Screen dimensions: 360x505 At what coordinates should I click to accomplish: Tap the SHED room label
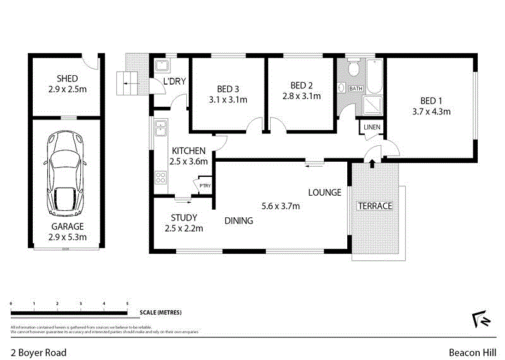[x=67, y=79]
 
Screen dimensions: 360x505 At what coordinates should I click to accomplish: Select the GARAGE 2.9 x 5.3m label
[x=67, y=231]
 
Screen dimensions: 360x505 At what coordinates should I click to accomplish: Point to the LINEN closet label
[x=371, y=129]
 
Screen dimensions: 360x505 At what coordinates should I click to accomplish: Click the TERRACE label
[x=376, y=206]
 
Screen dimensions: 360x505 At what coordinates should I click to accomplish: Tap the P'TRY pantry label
[x=205, y=186]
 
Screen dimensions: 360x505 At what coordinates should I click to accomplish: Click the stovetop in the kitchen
[x=160, y=177]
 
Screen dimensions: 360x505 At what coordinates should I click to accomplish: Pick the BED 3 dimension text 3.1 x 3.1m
[x=227, y=100]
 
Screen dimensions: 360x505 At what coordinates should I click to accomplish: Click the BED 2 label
[x=302, y=85]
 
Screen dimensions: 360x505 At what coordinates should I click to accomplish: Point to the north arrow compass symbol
[x=481, y=320]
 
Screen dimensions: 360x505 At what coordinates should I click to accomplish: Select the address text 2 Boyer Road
[x=38, y=352]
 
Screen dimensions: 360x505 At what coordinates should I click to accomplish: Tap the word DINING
[x=239, y=221]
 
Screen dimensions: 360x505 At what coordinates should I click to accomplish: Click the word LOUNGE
[x=324, y=193]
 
